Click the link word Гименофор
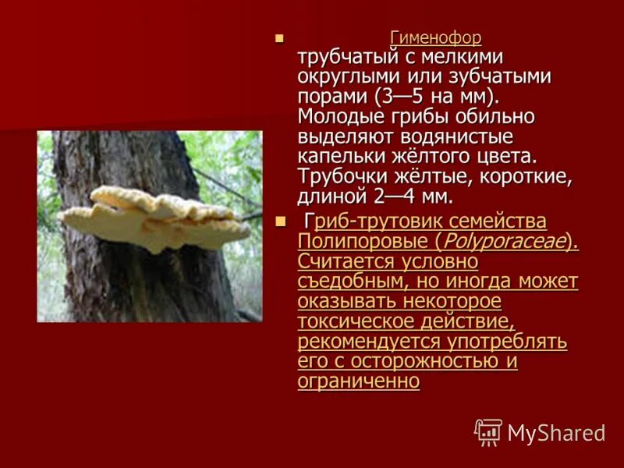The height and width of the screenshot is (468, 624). click(x=435, y=37)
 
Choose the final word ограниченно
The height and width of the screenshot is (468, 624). click(x=359, y=381)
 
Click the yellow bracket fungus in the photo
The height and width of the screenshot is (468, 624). click(x=156, y=218)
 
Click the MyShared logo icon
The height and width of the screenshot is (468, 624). click(x=487, y=432)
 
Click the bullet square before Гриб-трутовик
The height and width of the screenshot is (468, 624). click(x=281, y=222)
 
